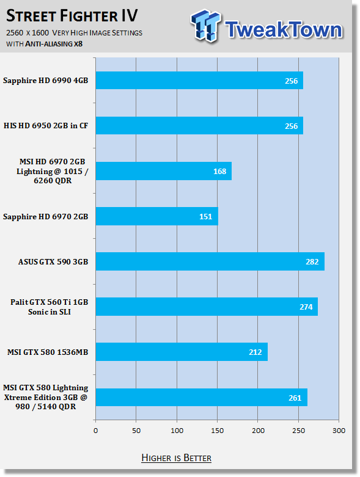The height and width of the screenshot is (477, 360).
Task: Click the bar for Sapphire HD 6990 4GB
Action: coord(199,80)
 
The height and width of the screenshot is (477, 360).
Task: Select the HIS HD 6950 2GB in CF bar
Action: coord(199,126)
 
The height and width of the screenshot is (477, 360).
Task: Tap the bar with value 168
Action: coord(164,171)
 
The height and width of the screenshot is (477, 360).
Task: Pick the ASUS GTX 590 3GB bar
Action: coord(210,261)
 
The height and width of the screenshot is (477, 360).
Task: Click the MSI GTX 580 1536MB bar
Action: coord(182,352)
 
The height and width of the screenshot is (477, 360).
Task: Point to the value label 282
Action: coord(312,262)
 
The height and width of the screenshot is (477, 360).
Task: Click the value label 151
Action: coord(205,217)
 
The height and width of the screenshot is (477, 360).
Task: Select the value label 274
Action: coord(306,307)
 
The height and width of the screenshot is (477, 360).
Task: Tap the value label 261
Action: coord(295,398)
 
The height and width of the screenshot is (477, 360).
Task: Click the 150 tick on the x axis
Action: coord(217,431)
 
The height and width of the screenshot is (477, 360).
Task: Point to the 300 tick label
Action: coord(339,431)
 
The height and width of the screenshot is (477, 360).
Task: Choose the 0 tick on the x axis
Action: coord(96,431)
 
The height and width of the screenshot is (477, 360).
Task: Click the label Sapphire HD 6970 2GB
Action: coord(46,217)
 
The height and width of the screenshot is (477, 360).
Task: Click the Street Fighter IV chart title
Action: coord(72,16)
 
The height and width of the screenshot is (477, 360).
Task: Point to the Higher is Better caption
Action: coord(177,458)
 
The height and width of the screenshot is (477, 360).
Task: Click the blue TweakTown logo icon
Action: coord(206,26)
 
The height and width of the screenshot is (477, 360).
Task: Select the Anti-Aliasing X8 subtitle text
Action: coord(54,44)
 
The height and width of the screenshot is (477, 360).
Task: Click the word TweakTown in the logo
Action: coord(284,29)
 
